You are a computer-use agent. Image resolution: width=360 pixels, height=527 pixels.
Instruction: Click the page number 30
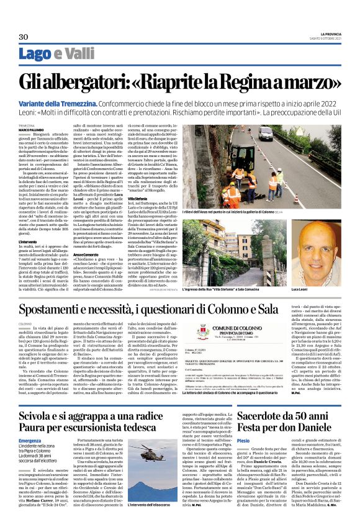click(24, 37)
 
